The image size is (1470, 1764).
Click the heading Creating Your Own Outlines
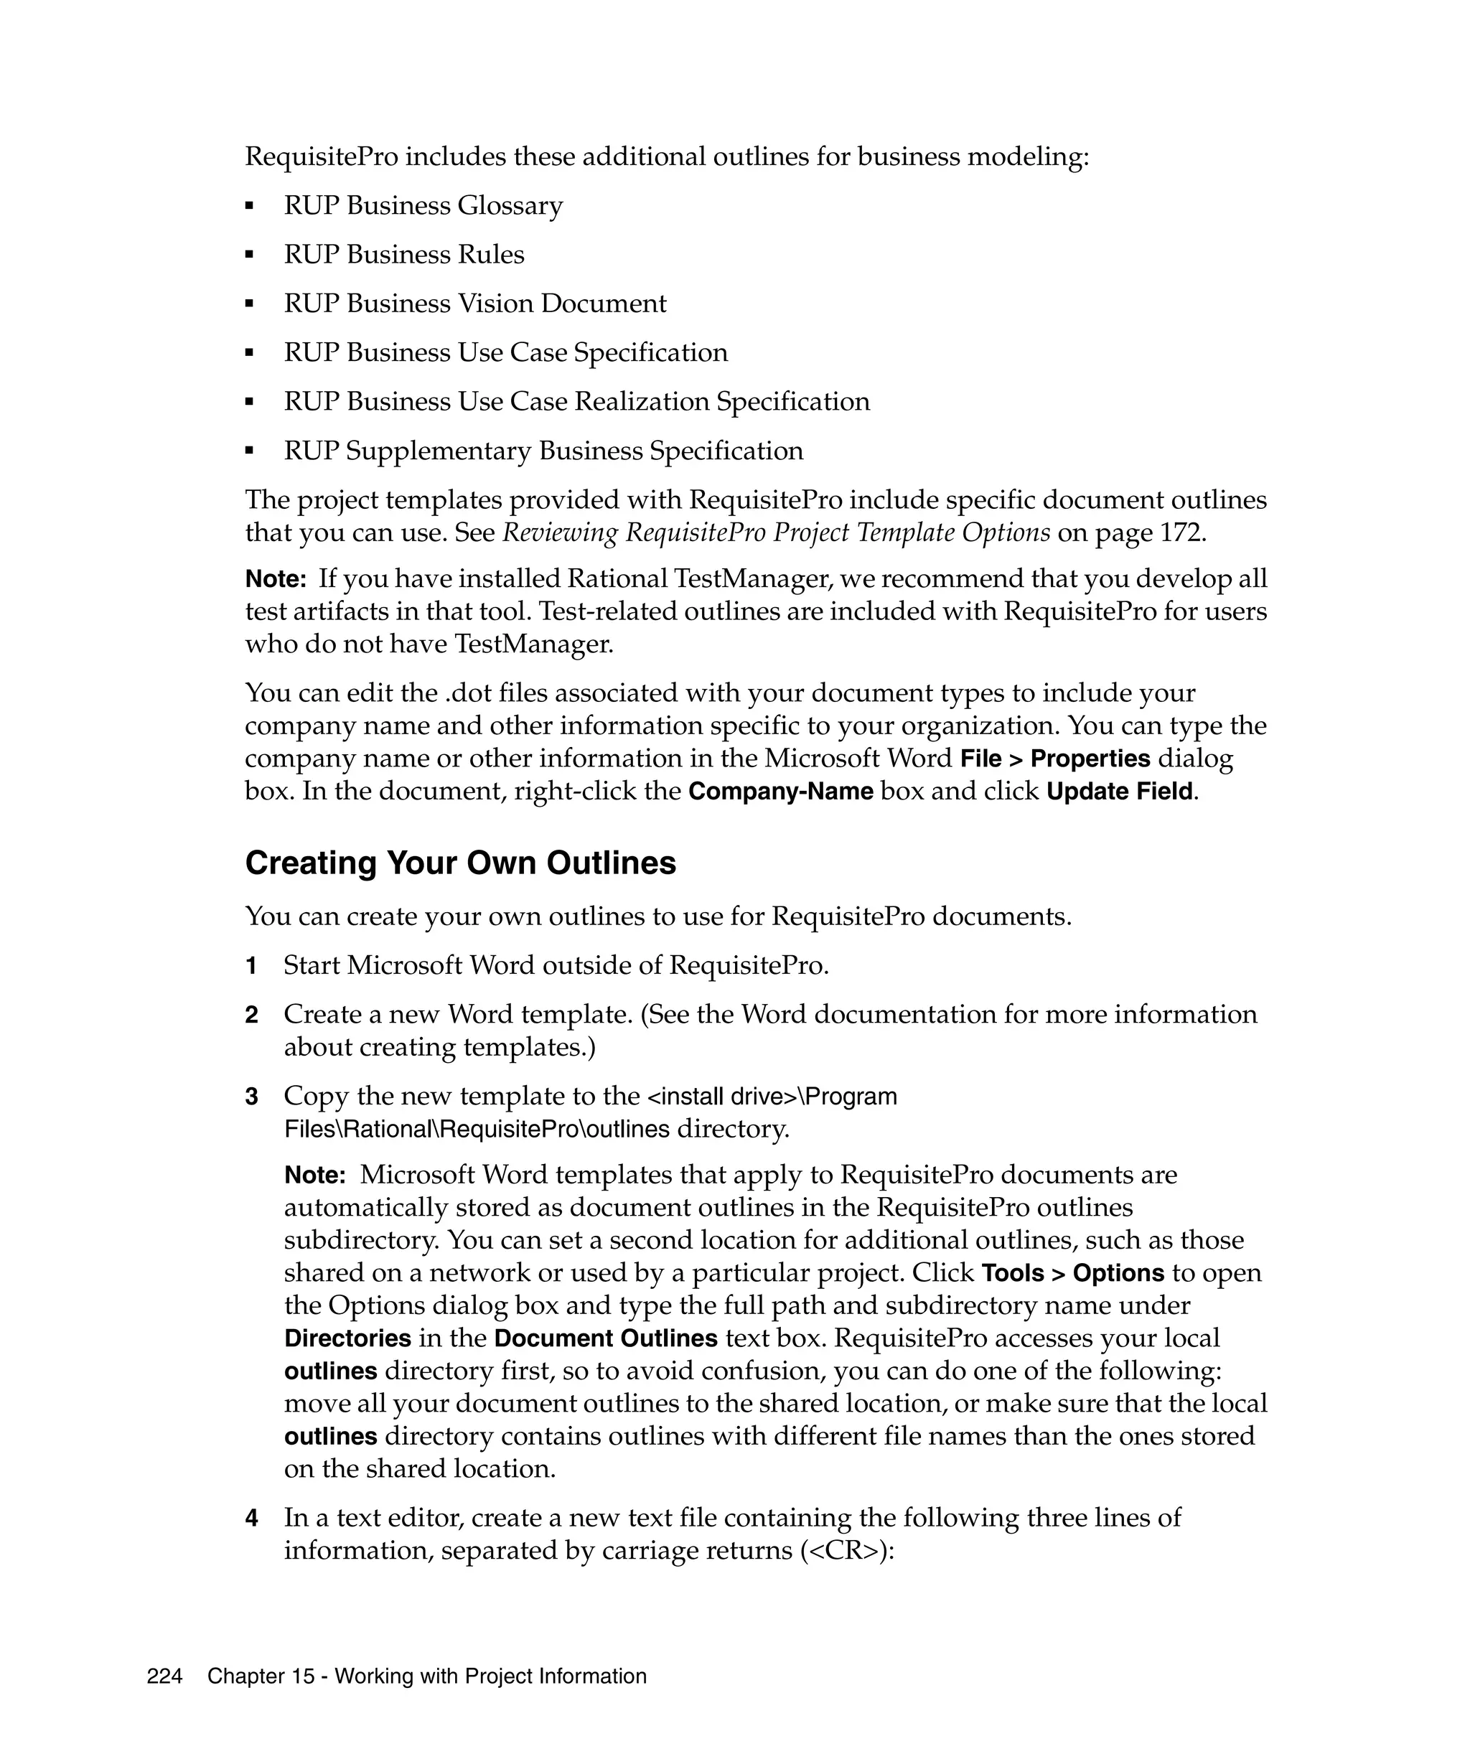pos(459,863)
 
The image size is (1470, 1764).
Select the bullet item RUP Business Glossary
pos(423,206)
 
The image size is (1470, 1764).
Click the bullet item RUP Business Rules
pos(403,255)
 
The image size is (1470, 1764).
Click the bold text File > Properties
pos(1055,759)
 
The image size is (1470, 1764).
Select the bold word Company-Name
pos(780,792)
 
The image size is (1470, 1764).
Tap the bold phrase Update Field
pos(1119,792)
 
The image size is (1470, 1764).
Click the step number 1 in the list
pos(251,966)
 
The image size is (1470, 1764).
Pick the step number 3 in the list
pos(251,1096)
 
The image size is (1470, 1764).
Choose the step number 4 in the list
pos(251,1518)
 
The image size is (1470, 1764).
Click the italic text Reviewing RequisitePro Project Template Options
pos(775,533)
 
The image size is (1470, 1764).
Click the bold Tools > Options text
pos(1072,1272)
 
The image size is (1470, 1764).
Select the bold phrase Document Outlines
pos(606,1338)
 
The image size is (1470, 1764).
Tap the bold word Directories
pos(347,1338)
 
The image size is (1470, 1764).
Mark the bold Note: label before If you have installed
pos(276,578)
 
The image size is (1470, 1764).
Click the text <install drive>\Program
pos(771,1096)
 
